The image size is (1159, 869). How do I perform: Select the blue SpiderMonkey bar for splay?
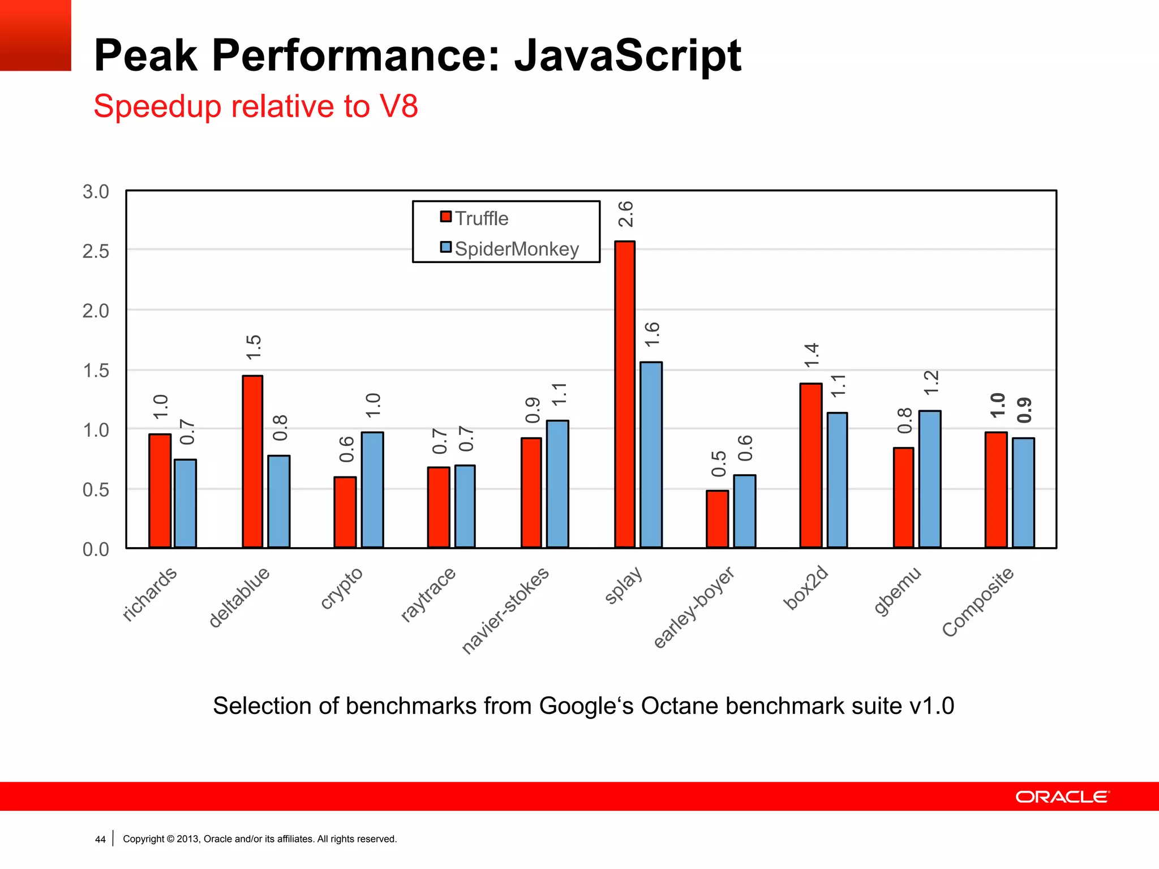tap(651, 455)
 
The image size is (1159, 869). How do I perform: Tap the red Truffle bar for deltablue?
tap(252, 462)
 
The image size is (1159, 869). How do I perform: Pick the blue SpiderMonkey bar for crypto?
tap(372, 490)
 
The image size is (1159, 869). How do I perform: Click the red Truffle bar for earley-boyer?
tap(717, 519)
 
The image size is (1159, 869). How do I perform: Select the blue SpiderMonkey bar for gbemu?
tap(930, 479)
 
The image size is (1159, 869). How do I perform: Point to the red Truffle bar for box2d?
tap(810, 466)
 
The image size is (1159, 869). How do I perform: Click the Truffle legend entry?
tap(475, 218)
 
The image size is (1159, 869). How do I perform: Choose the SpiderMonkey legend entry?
tap(510, 249)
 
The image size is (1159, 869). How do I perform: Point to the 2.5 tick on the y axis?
tap(96, 251)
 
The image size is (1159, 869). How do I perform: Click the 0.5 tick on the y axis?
tap(96, 490)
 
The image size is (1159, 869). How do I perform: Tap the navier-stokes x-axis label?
tap(505, 610)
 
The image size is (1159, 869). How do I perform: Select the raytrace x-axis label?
tap(428, 594)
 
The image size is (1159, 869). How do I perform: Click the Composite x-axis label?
tap(978, 602)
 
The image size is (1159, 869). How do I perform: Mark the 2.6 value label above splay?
tap(625, 214)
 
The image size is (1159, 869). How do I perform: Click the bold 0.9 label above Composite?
tap(1024, 411)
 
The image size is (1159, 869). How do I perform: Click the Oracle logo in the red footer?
tap(1062, 797)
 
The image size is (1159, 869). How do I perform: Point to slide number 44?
tap(100, 840)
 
